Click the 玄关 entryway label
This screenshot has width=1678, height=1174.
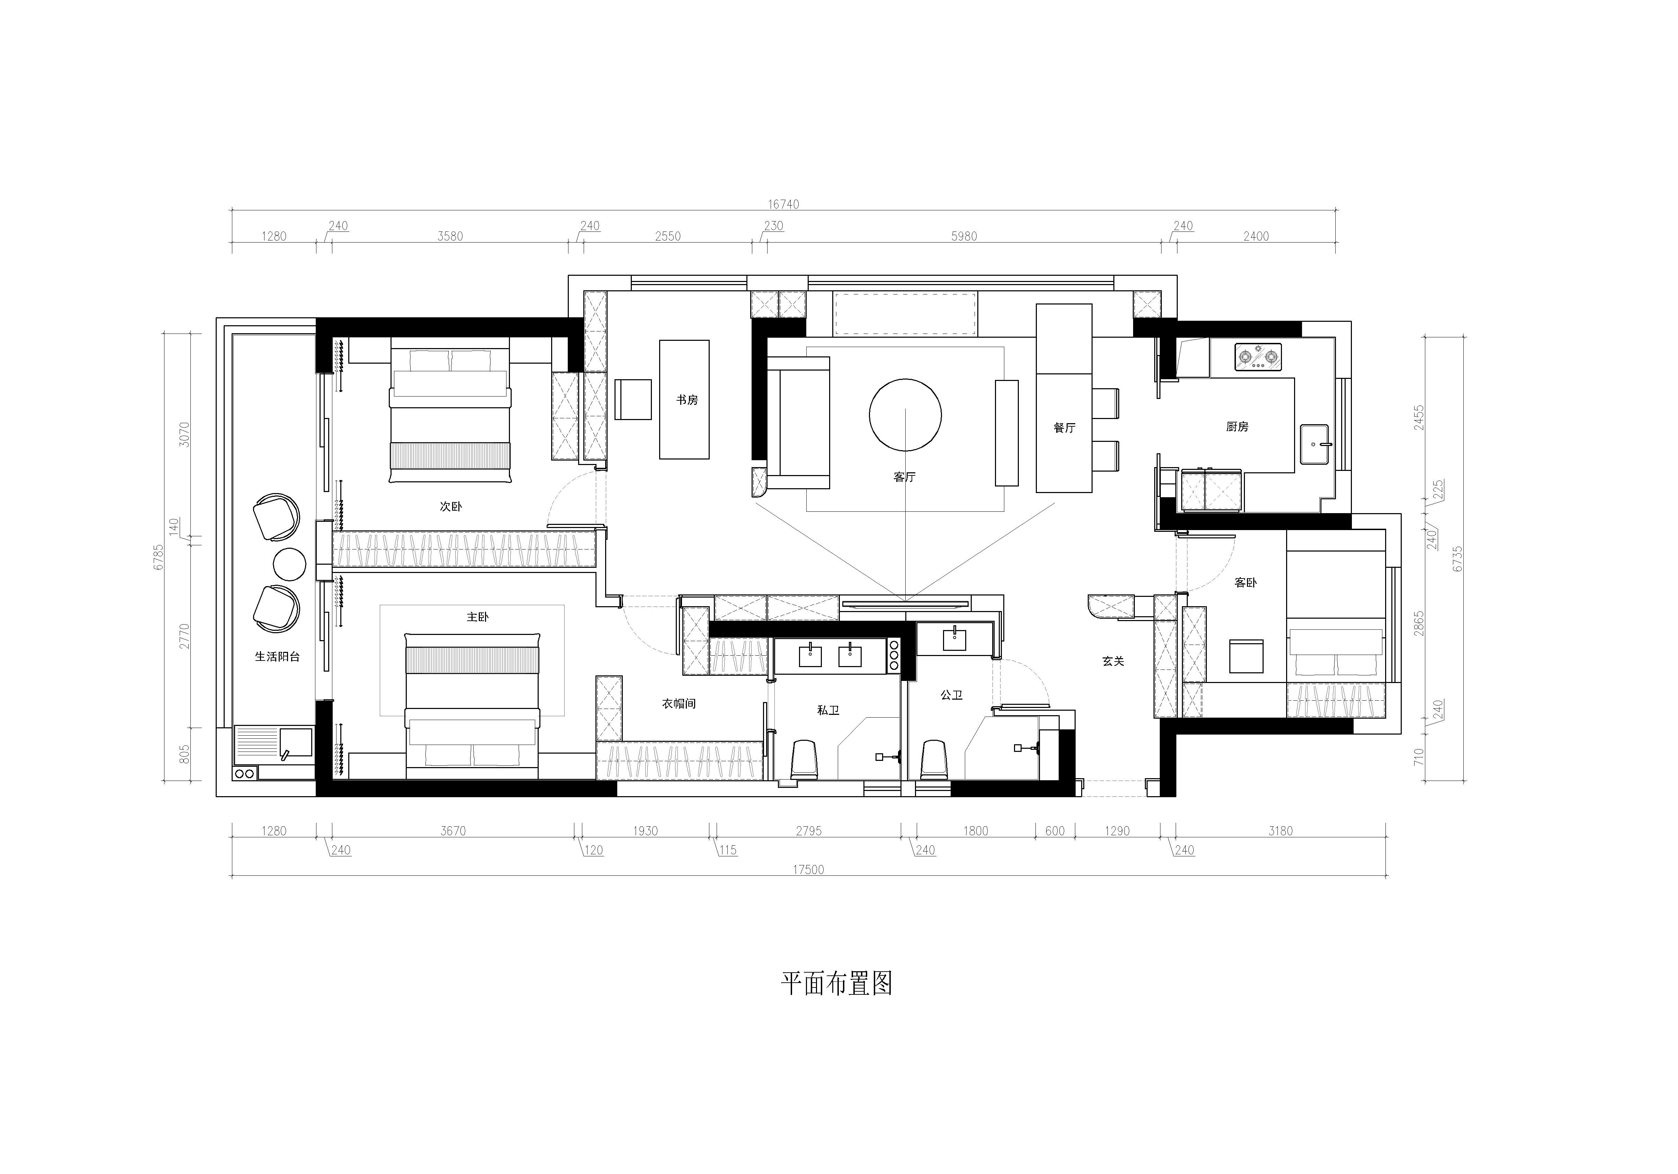click(1113, 661)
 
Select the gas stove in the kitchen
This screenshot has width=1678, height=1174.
click(1258, 356)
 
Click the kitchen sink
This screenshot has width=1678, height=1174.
click(1314, 444)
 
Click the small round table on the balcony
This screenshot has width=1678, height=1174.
click(289, 564)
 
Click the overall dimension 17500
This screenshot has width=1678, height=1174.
click(808, 870)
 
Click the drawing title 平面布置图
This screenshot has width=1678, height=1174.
click(837, 983)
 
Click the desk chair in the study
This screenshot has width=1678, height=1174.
click(633, 400)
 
